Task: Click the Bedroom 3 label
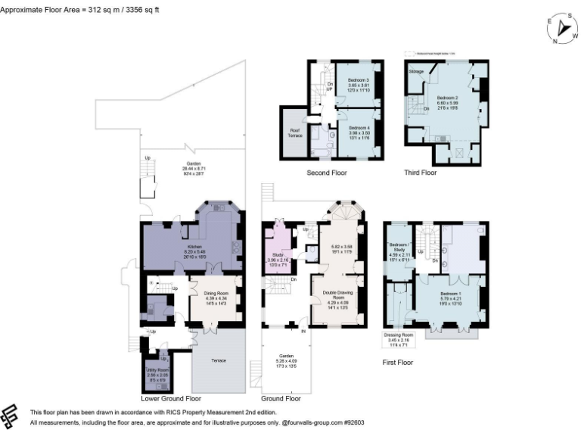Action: click(x=357, y=79)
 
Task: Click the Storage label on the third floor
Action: click(x=416, y=71)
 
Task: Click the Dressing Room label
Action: click(x=399, y=335)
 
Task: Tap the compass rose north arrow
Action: click(x=563, y=28)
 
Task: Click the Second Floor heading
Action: click(x=327, y=173)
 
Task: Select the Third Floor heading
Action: click(x=420, y=173)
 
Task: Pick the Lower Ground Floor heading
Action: click(x=171, y=398)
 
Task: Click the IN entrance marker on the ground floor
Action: click(x=304, y=330)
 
